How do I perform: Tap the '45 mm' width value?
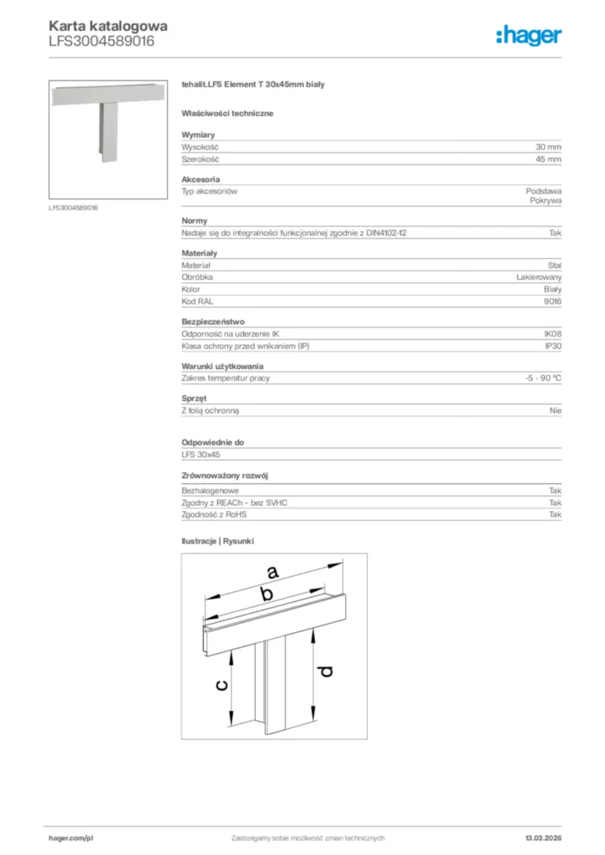(x=549, y=158)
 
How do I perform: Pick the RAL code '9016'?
(x=552, y=301)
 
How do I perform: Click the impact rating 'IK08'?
(x=552, y=334)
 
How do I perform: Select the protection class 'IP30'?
(x=552, y=346)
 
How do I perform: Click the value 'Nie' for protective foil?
(x=556, y=411)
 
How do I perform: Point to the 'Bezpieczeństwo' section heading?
(x=213, y=321)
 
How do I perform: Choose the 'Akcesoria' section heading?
(x=201, y=180)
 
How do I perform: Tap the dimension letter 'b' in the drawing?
(x=266, y=594)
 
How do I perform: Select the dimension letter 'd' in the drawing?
(x=326, y=670)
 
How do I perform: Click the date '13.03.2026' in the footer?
(x=542, y=837)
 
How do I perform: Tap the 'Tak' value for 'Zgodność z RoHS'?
(x=555, y=515)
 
